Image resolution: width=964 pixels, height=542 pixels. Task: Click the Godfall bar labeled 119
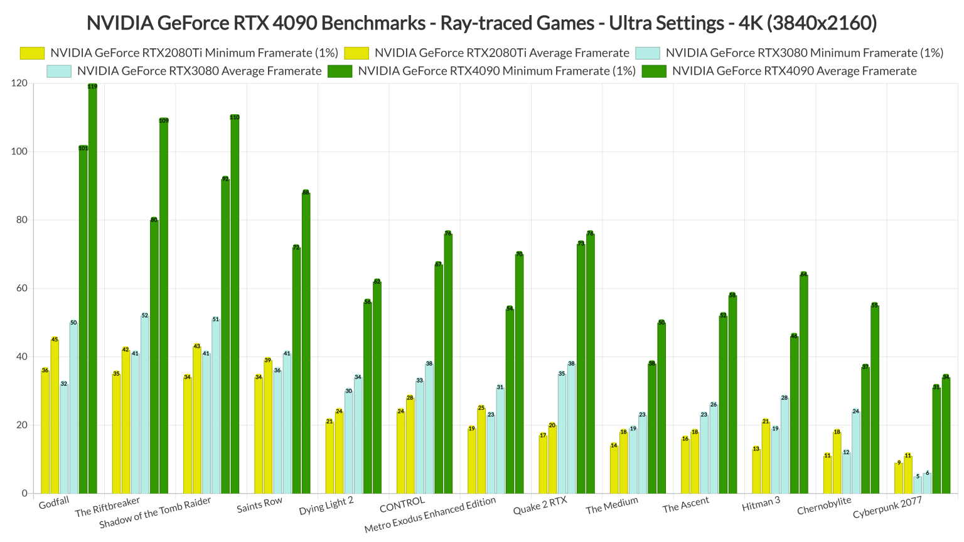(x=93, y=289)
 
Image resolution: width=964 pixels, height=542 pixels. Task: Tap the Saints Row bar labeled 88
(x=306, y=343)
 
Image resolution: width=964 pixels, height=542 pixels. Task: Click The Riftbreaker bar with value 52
(x=145, y=404)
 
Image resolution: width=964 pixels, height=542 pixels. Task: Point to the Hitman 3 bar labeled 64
(x=804, y=383)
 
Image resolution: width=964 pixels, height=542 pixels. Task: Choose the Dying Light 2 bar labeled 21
(x=329, y=457)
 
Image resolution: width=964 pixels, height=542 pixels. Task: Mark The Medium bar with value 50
(x=661, y=408)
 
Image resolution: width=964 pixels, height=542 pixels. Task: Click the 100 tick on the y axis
(x=19, y=151)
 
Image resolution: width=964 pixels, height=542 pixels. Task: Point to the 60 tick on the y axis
(x=21, y=288)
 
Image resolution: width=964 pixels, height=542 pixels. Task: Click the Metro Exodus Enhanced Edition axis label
(x=430, y=514)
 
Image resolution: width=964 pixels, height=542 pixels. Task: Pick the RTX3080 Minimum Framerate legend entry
(x=804, y=53)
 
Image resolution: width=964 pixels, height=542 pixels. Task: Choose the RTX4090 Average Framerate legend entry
(x=794, y=71)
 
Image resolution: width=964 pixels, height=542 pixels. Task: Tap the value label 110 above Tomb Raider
(x=235, y=117)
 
